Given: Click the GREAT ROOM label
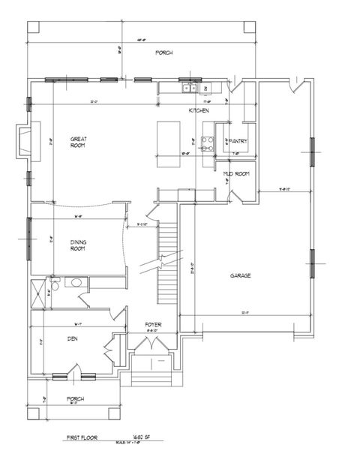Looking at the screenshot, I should tap(77, 142).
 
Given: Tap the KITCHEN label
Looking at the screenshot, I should tap(198, 111).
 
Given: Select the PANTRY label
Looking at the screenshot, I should tap(238, 140).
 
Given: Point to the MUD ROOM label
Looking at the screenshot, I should tap(235, 174).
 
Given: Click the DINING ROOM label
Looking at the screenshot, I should tap(77, 245).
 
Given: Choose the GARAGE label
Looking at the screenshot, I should tap(240, 275).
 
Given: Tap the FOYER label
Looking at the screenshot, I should tap(154, 324).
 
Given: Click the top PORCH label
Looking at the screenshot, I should tap(164, 53).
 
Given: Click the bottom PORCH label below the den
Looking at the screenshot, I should tap(75, 398).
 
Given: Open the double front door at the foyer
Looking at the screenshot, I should tap(154, 347).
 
